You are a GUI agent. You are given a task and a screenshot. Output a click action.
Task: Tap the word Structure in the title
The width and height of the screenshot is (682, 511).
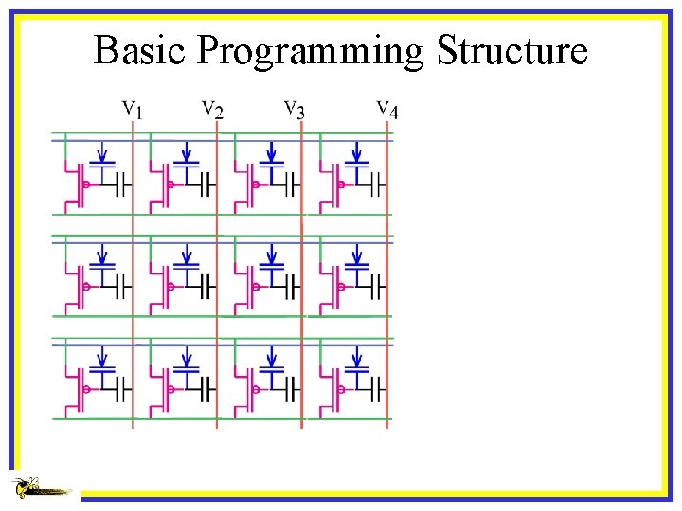point(511,50)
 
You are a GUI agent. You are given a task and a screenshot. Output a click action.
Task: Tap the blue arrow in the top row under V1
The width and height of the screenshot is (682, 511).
point(103,151)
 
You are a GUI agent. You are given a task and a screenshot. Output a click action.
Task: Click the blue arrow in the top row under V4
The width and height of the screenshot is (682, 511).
point(357,151)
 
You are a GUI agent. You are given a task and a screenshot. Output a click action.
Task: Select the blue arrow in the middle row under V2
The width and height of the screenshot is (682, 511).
point(188,254)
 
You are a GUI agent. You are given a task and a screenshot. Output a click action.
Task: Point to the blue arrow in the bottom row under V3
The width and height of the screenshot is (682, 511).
point(273,356)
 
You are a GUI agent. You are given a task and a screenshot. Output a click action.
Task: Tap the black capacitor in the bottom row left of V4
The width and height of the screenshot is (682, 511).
point(377,388)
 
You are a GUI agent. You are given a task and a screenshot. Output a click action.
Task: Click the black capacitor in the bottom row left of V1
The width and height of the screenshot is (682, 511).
point(121,388)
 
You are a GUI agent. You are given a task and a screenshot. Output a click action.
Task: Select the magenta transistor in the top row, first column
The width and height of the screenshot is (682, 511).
point(75,185)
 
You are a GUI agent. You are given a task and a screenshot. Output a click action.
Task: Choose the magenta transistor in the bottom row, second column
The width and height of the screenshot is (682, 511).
point(160,389)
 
